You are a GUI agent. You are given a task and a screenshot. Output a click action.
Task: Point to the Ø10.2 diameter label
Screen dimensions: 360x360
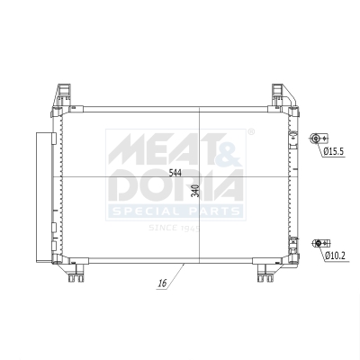click(337, 256)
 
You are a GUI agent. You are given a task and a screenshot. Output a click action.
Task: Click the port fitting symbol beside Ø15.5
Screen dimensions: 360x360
click(316, 138)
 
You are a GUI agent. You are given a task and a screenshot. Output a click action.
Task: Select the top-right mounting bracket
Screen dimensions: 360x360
click(280, 94)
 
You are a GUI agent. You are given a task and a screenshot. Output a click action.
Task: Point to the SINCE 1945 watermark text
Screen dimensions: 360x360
click(174, 228)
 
